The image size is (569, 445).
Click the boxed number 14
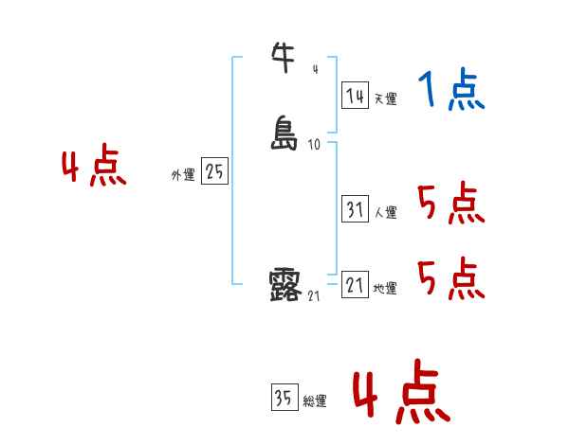(356, 96)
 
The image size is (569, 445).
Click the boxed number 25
(215, 172)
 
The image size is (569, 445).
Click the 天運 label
(385, 98)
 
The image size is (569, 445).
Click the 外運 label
(183, 175)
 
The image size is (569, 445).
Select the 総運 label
(315, 401)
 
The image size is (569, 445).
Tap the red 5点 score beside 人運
(450, 203)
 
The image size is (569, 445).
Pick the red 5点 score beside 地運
(450, 278)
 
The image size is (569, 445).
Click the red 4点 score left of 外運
(94, 169)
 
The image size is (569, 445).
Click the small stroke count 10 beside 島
(314, 145)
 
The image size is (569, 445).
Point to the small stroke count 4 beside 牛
(315, 69)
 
